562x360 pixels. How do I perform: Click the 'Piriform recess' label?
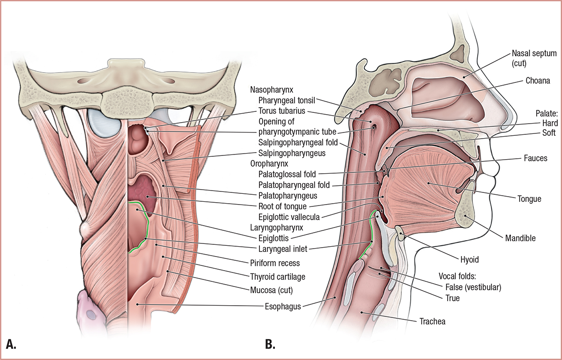pyautogui.click(x=281, y=263)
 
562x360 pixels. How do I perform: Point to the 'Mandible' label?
pyautogui.click(x=520, y=238)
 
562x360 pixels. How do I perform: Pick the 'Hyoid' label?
pyautogui.click(x=478, y=258)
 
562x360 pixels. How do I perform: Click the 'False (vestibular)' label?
pyautogui.click(x=473, y=287)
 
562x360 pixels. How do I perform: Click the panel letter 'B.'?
pyautogui.click(x=270, y=345)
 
